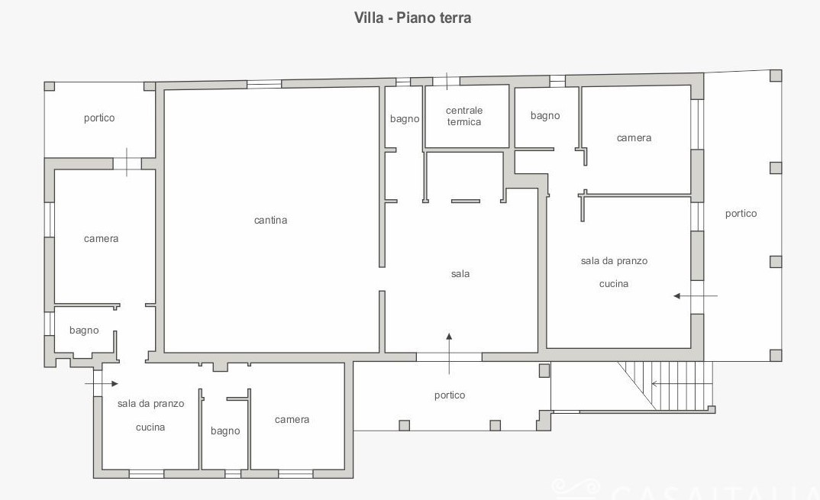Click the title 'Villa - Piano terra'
pos(412,18)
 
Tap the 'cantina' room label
pos(270,220)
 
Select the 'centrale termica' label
pos(464,116)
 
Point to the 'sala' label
pos(460,273)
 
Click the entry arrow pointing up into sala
pos(449,353)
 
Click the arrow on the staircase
pos(682,384)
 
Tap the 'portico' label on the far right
pos(741,214)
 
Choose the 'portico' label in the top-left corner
pos(98,118)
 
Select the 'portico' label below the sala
pos(450,395)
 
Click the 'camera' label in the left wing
pos(101,238)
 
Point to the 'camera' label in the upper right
pos(634,138)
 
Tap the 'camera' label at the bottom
pos(292,419)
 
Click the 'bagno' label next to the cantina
pos(404,119)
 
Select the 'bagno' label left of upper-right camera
pos(545,115)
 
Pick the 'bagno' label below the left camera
pos(84,331)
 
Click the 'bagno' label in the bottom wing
pos(225,431)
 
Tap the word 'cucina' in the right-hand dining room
pos(613,284)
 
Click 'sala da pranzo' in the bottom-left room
pos(150,404)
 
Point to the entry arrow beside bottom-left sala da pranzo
pos(102,384)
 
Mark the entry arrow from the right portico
pos(696,296)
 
